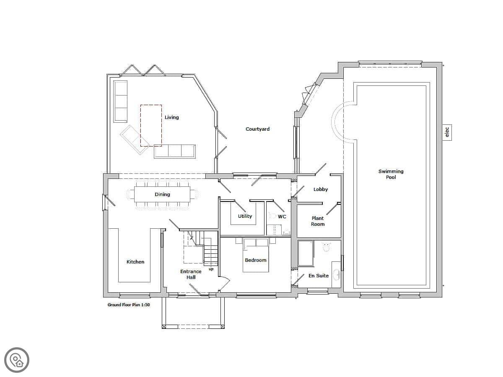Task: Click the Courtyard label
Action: tap(257, 129)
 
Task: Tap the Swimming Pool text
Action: tap(391, 174)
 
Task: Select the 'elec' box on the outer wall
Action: tap(447, 132)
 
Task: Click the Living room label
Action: tap(171, 117)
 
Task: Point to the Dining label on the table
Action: tap(162, 194)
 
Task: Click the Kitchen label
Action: tap(135, 262)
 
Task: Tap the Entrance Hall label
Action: tap(191, 274)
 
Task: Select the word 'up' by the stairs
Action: tap(211, 269)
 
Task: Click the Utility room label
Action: tap(245, 216)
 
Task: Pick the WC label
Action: tap(282, 217)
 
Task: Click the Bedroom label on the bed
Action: tap(256, 260)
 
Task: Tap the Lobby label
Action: tap(321, 189)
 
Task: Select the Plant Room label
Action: tap(318, 221)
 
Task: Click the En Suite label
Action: tap(318, 276)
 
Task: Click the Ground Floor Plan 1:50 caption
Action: tap(129, 305)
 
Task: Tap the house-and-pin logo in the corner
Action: tap(17, 360)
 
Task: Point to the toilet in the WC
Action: tap(273, 215)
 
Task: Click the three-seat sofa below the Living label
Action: tap(175, 151)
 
